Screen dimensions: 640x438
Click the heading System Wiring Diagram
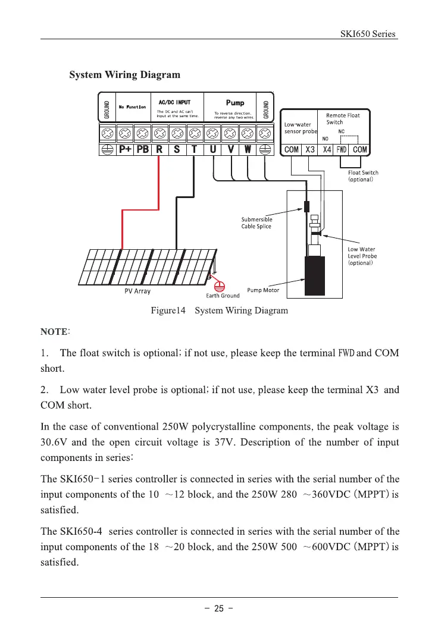pyautogui.click(x=124, y=75)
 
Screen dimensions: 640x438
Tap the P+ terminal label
pyautogui.click(x=126, y=150)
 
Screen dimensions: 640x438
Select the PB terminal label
pyautogui.click(x=143, y=150)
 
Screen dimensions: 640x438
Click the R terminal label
pyautogui.click(x=159, y=150)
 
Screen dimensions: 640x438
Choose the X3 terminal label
pyautogui.click(x=310, y=150)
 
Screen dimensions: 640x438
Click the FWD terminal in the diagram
pyautogui.click(x=342, y=150)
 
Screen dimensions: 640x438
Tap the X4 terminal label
pyautogui.click(x=327, y=150)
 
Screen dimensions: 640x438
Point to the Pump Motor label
pyautogui.click(x=262, y=290)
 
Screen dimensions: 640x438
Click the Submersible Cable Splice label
pyautogui.click(x=256, y=223)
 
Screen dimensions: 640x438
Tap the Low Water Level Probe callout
pyautogui.click(x=362, y=256)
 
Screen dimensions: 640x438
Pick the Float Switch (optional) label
pyautogui.click(x=363, y=176)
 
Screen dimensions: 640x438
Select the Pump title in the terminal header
pyautogui.click(x=235, y=103)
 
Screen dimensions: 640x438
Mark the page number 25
pyautogui.click(x=218, y=609)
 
